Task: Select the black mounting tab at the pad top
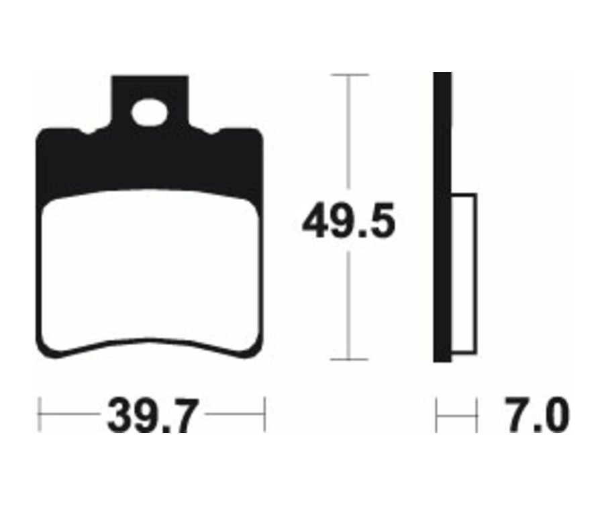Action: point(150,91)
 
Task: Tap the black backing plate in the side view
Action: point(442,215)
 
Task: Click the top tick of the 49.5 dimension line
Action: point(347,75)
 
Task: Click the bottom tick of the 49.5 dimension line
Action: point(347,360)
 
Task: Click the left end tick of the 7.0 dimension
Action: point(437,416)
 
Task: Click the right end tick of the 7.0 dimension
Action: point(476,416)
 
